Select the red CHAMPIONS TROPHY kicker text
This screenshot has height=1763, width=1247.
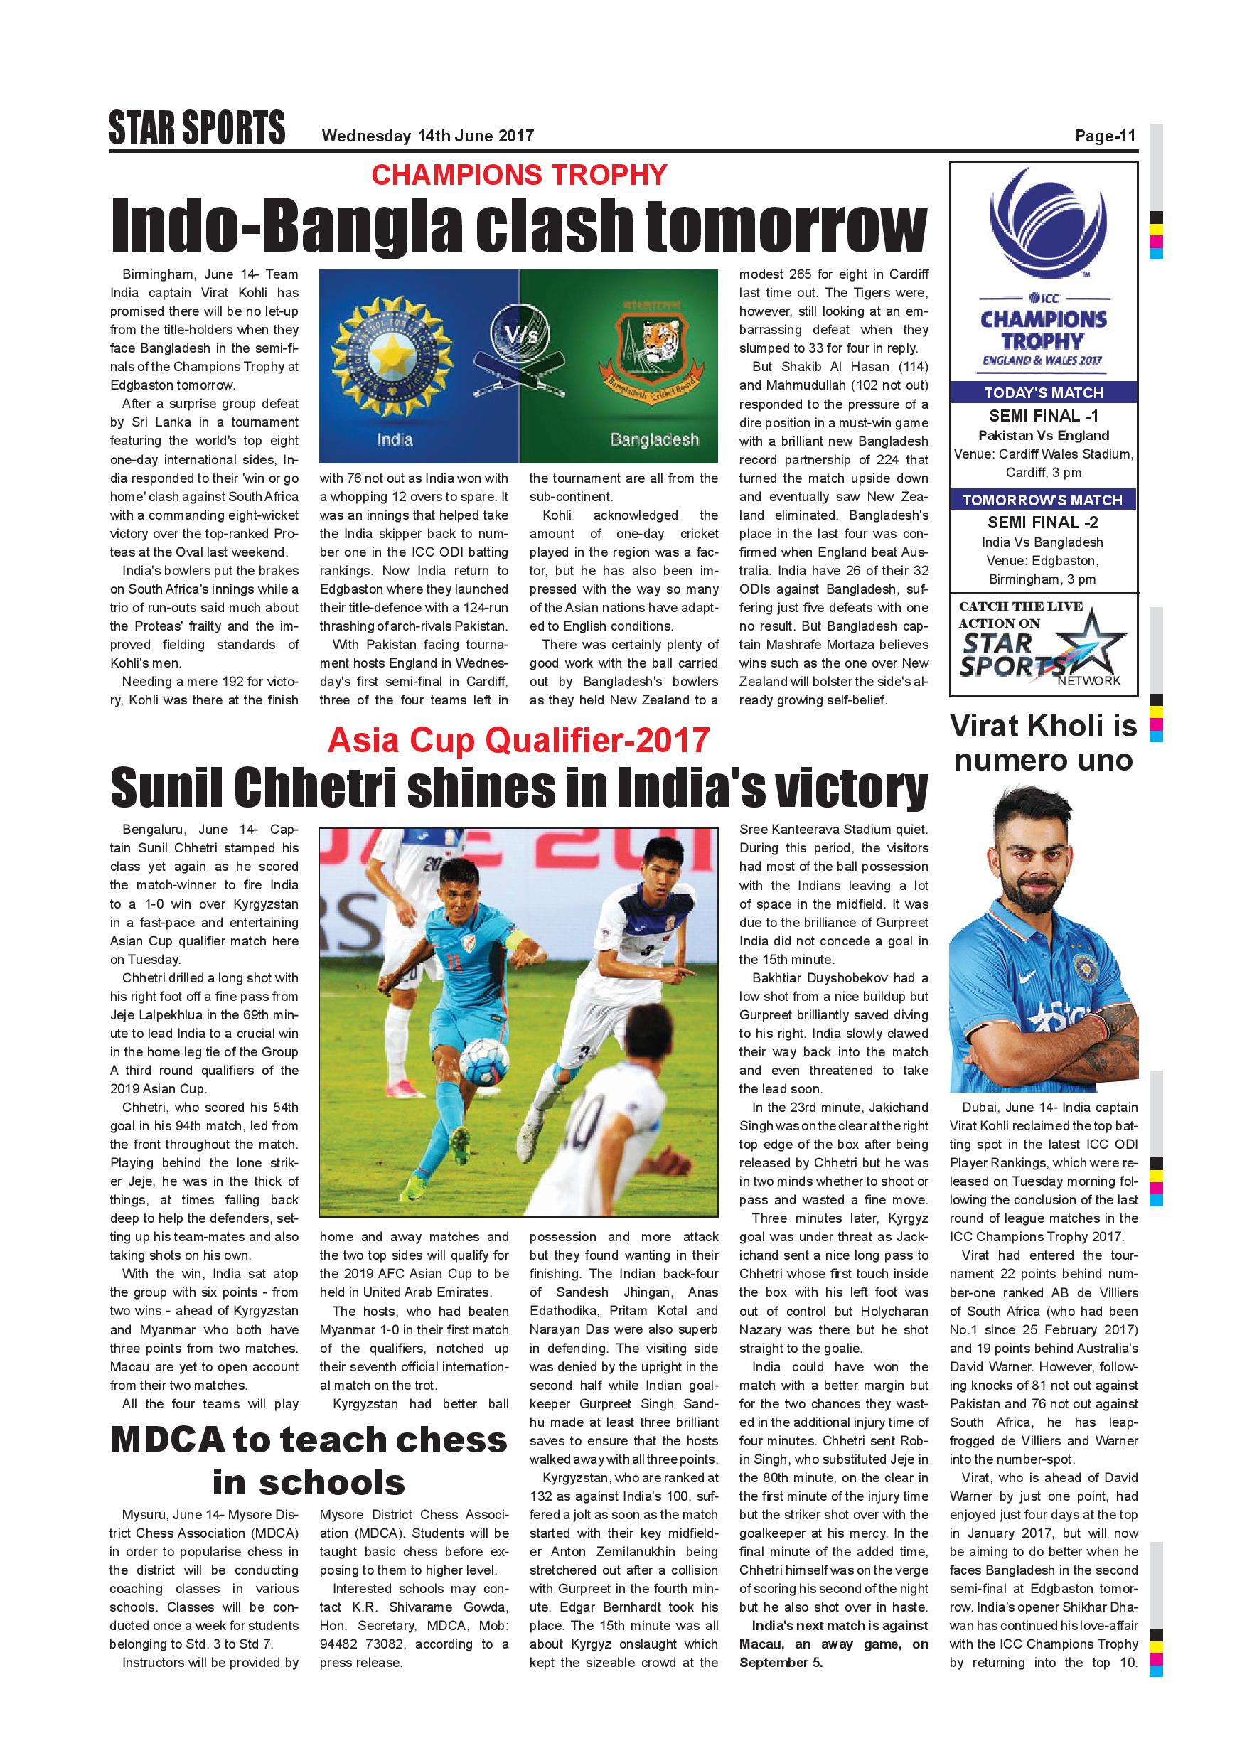coord(519,175)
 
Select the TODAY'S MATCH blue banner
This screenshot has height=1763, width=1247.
coord(1043,393)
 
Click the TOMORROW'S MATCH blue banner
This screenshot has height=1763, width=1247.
coord(1043,500)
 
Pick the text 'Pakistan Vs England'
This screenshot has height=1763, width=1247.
coord(1043,435)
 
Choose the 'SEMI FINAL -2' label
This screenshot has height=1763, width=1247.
coord(1043,522)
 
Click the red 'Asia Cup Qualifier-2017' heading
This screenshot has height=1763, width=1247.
coord(518,740)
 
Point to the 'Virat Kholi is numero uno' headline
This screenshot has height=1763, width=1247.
coord(1043,742)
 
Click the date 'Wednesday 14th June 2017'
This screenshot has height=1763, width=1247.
coord(427,136)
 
